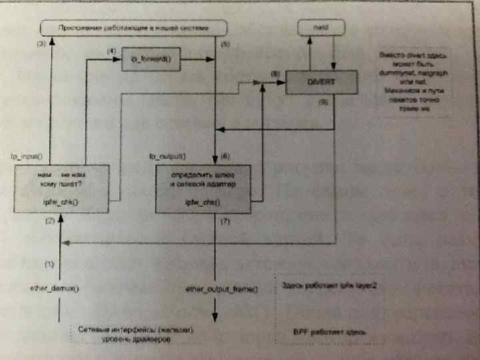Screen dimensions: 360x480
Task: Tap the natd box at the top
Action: pos(321,27)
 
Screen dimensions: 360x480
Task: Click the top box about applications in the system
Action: pos(133,28)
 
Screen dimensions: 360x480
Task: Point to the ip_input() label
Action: pos(27,157)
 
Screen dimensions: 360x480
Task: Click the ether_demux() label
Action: pos(55,289)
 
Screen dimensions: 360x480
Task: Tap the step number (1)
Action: pos(49,264)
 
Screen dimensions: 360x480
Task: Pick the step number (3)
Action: pos(41,43)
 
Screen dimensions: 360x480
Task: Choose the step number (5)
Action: pos(224,43)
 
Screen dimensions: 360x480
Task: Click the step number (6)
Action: pos(224,157)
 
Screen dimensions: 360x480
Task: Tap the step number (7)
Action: pos(224,220)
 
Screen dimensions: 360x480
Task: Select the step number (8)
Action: pos(275,72)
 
